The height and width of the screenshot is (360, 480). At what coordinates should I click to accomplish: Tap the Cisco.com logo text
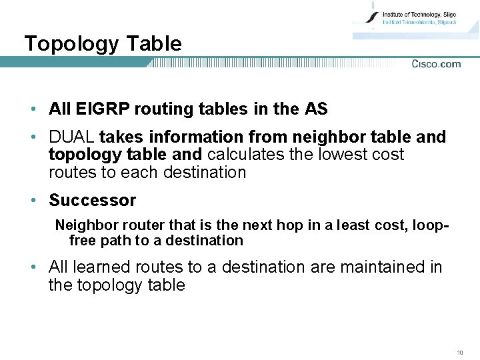point(436,64)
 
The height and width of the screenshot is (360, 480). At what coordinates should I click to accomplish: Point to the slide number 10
point(460,351)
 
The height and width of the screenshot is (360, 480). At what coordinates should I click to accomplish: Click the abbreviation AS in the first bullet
point(316,109)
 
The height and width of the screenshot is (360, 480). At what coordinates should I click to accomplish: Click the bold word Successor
point(92,200)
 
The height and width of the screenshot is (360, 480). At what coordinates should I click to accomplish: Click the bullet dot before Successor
point(32,201)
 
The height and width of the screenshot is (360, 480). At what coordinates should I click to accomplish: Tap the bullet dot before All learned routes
point(32,268)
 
